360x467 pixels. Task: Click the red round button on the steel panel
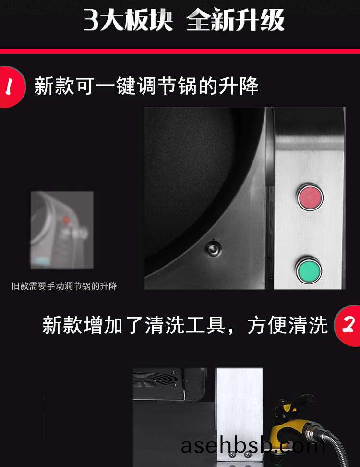tap(310, 197)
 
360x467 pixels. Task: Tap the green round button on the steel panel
tap(309, 270)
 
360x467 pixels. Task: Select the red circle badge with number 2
tap(348, 326)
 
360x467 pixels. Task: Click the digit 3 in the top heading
tap(91, 20)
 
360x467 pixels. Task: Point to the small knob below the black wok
tap(213, 248)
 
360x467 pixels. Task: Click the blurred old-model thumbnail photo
tap(62, 230)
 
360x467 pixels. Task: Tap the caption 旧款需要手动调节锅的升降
tap(65, 286)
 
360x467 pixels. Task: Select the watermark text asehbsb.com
tap(253, 446)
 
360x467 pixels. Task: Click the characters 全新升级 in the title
tap(235, 20)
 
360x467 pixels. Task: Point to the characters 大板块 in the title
tap(136, 20)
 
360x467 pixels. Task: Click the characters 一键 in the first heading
tap(115, 86)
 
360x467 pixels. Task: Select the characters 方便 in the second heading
tap(267, 325)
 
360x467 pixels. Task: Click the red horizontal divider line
tap(180, 51)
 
